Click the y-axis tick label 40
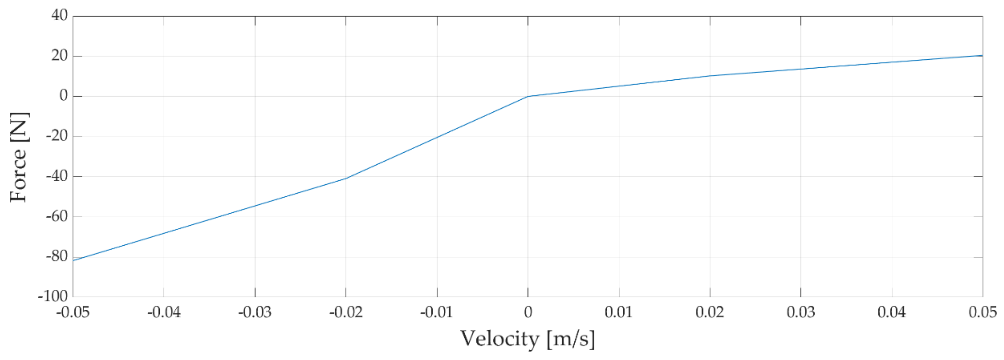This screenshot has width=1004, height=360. click(59, 16)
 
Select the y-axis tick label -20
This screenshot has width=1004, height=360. click(56, 136)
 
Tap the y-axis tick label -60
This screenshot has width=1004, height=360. click(56, 216)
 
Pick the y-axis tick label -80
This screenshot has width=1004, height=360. click(56, 256)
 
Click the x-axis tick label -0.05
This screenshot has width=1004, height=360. click(73, 312)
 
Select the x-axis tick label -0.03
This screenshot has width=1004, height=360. click(255, 312)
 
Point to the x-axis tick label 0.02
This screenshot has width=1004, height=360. click(710, 312)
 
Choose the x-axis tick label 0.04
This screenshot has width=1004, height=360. click(892, 312)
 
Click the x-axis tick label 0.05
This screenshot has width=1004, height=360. click(982, 312)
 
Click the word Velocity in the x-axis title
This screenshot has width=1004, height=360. click(500, 339)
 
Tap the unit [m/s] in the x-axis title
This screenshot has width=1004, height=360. click(571, 339)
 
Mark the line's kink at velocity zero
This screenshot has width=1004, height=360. click(528, 96)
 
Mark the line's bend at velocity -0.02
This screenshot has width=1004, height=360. click(346, 179)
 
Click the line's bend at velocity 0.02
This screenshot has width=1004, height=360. click(710, 76)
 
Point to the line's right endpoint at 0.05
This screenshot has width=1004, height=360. click(982, 55)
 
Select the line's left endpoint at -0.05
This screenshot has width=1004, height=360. click(73, 260)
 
